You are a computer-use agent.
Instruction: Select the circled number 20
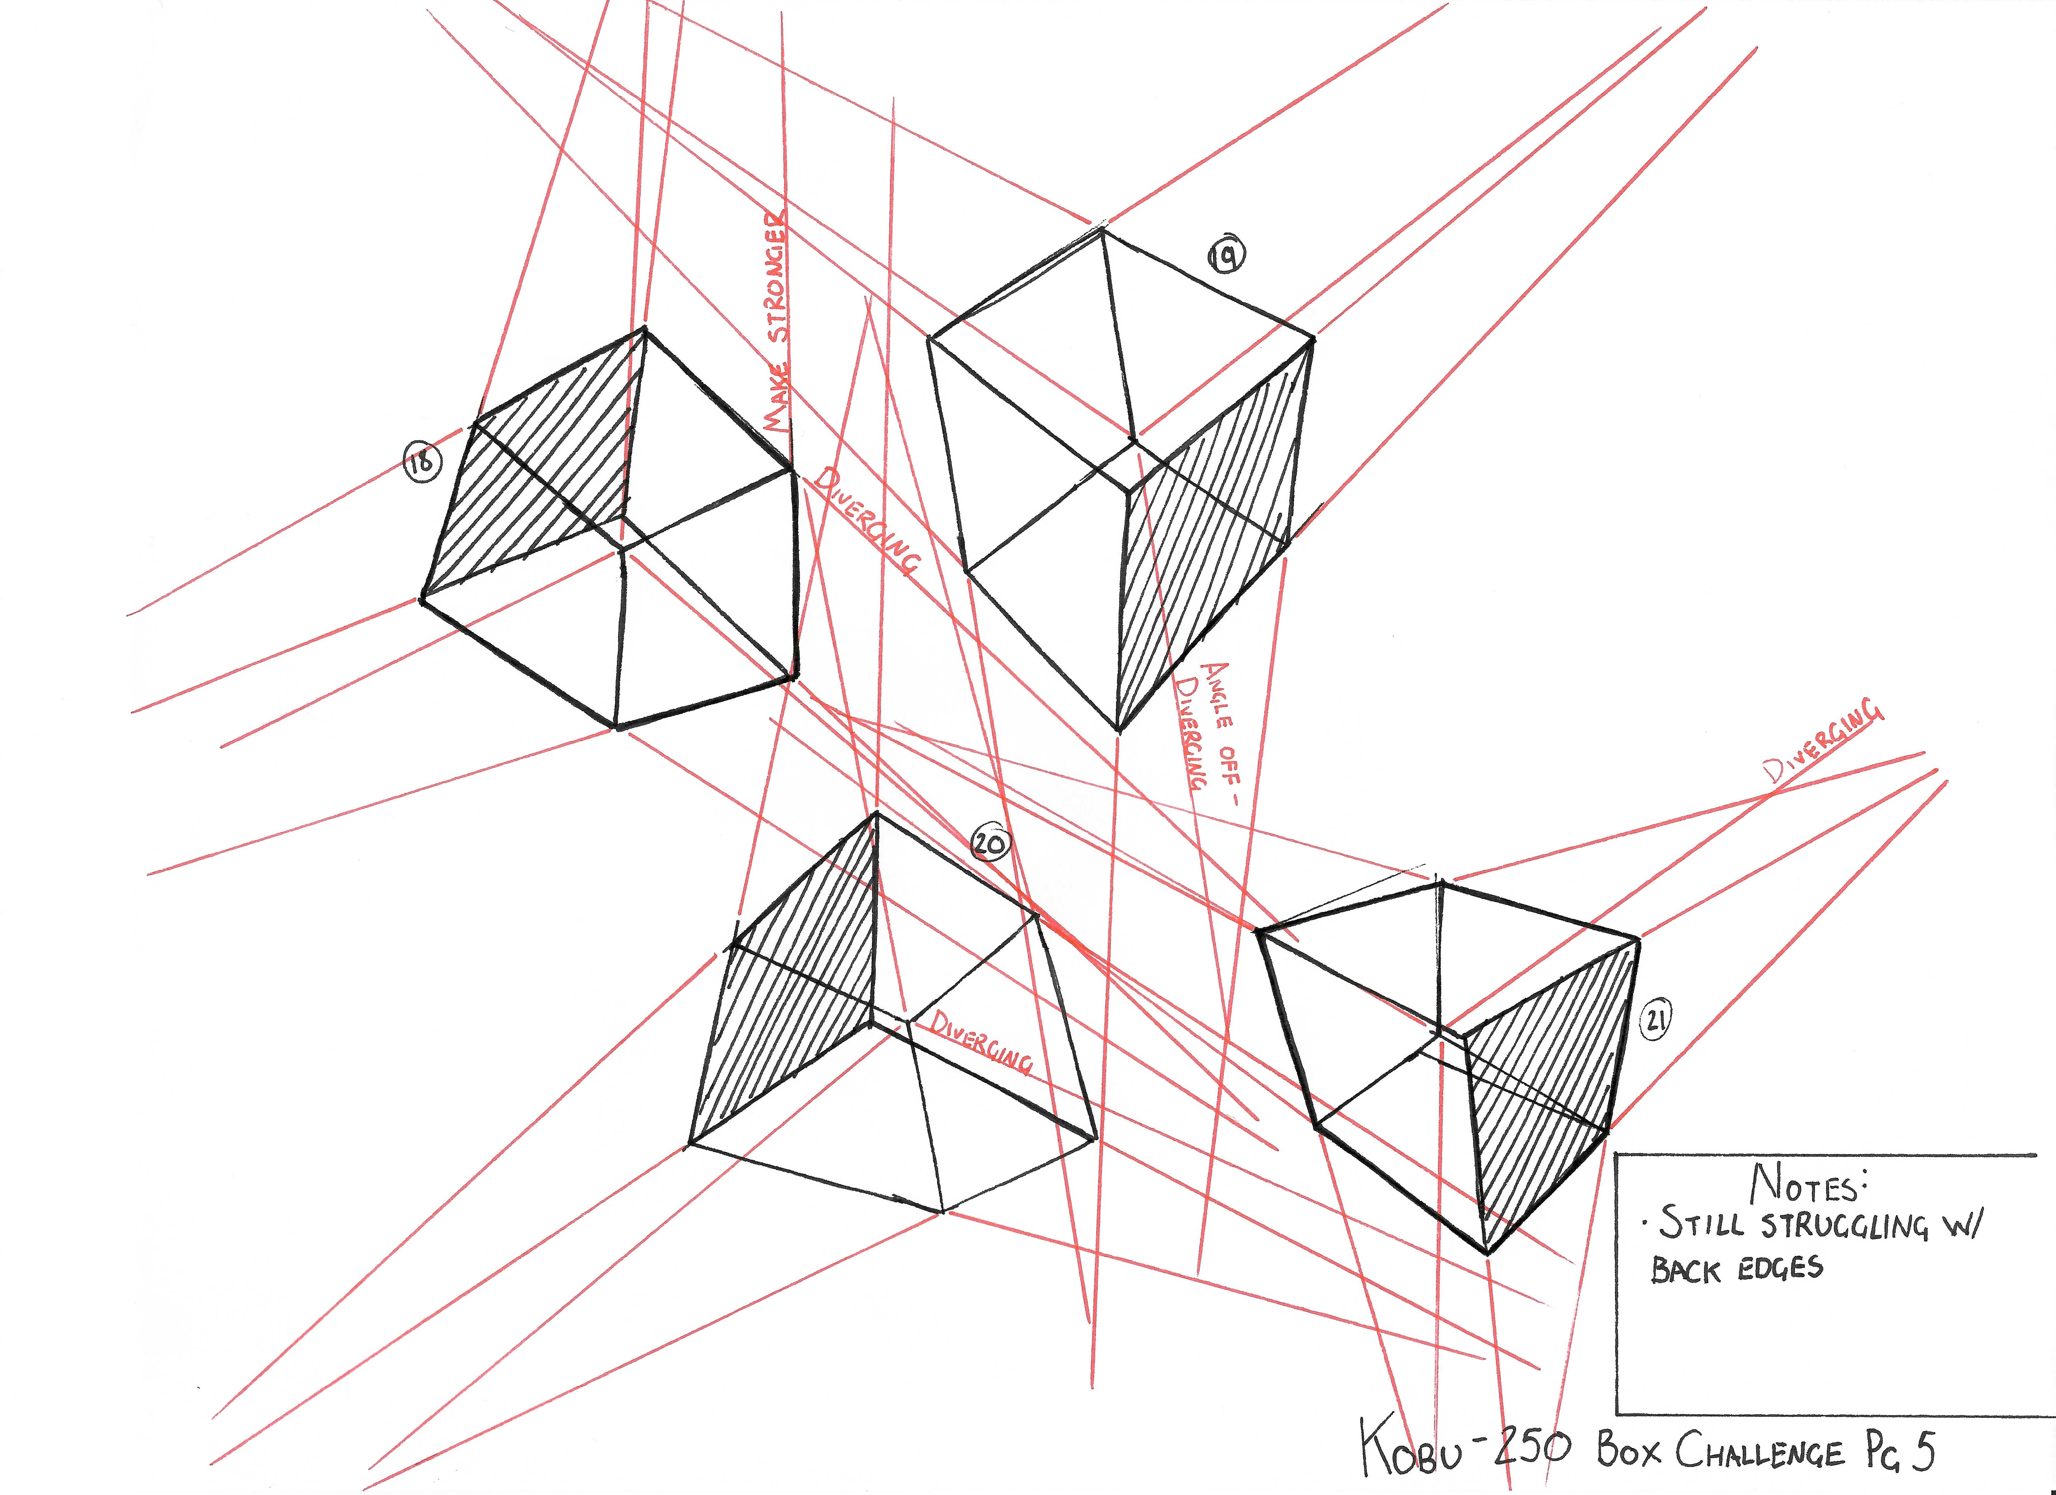pyautogui.click(x=990, y=844)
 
